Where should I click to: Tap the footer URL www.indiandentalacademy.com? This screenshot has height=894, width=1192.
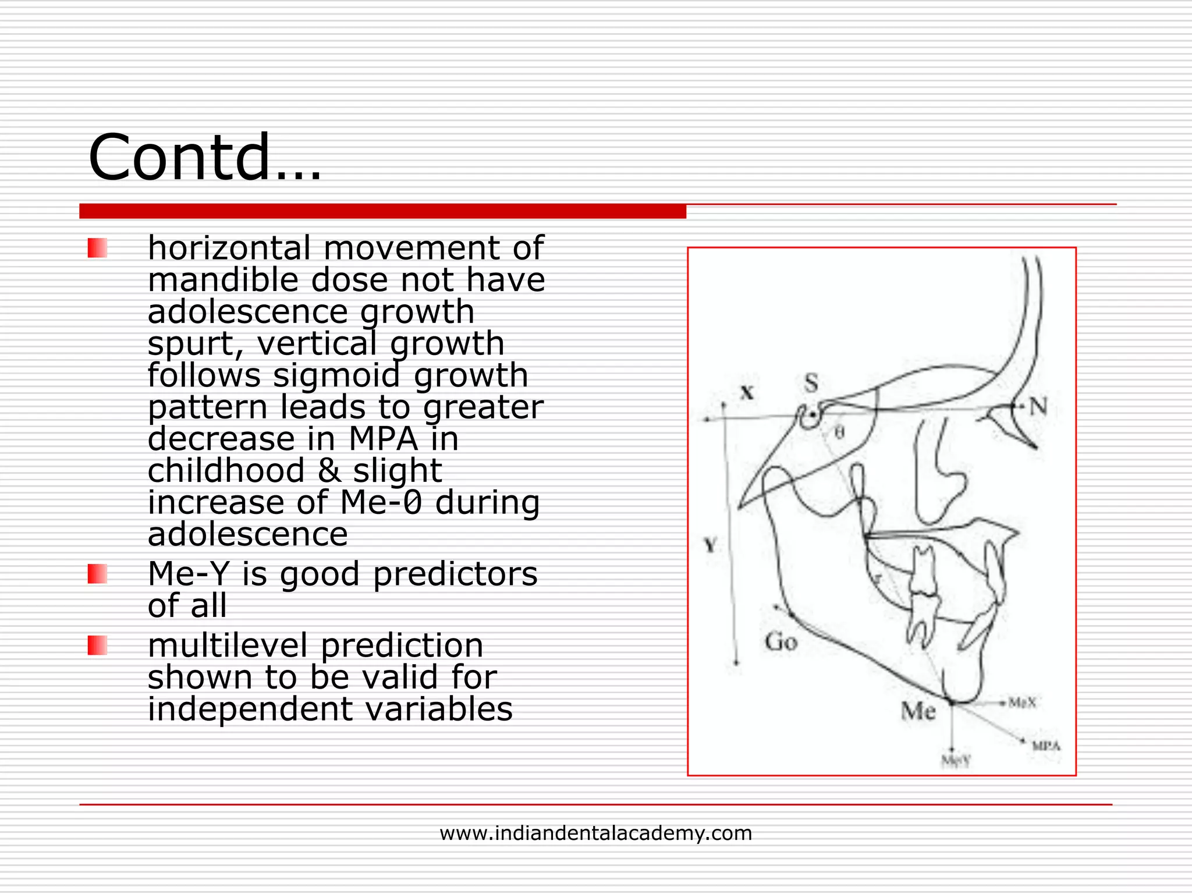pyautogui.click(x=595, y=833)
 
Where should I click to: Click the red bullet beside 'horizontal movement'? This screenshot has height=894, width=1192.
pyautogui.click(x=97, y=249)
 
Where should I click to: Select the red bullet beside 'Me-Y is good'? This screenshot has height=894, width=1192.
pyautogui.click(x=97, y=574)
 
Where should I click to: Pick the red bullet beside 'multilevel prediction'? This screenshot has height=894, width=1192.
pyautogui.click(x=97, y=645)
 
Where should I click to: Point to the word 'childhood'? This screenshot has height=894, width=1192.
pyautogui.click(x=226, y=470)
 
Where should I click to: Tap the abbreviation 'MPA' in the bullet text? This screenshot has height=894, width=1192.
pyautogui.click(x=383, y=439)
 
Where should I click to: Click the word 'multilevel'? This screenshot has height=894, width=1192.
pyautogui.click(x=228, y=645)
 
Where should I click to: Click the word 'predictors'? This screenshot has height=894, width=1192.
pyautogui.click(x=455, y=574)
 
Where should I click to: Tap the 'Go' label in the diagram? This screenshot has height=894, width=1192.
pyautogui.click(x=781, y=642)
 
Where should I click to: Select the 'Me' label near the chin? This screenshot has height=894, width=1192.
pyautogui.click(x=918, y=711)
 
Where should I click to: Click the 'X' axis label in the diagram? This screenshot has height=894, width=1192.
pyautogui.click(x=747, y=393)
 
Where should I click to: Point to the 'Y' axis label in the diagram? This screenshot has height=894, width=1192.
pyautogui.click(x=710, y=546)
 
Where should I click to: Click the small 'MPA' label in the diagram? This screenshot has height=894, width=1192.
pyautogui.click(x=1046, y=746)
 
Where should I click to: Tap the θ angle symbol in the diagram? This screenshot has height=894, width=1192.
pyautogui.click(x=839, y=433)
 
